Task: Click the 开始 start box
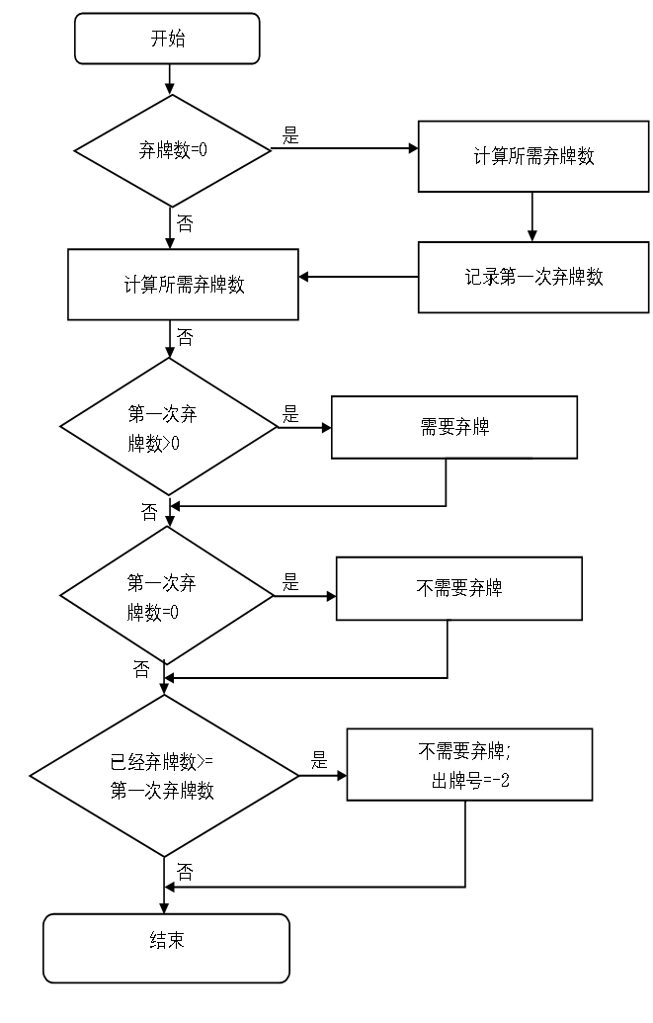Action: point(167,39)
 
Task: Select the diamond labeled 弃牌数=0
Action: point(173,150)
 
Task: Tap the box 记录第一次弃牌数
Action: point(533,277)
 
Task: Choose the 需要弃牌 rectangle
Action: point(453,427)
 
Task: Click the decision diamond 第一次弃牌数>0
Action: point(168,427)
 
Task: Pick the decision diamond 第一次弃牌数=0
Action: point(167,596)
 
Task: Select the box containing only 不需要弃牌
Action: point(458,588)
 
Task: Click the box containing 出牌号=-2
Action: point(469,764)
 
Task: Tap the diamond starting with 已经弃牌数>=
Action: point(164,776)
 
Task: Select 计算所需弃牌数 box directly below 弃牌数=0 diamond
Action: point(183,285)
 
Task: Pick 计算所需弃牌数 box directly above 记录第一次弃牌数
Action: point(533,156)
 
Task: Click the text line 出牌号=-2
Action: point(470,781)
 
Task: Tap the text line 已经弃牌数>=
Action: point(162,762)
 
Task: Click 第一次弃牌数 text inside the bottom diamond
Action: point(162,791)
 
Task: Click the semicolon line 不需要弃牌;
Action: point(465,751)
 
